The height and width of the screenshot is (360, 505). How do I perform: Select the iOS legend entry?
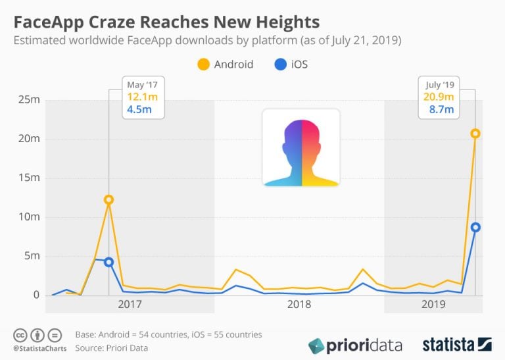coord(290,64)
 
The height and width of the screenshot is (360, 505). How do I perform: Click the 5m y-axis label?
coord(32,256)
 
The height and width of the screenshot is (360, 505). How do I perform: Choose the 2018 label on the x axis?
coord(299,305)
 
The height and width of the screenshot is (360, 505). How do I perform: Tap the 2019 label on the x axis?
coord(433,305)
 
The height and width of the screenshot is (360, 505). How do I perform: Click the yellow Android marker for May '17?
coord(108,199)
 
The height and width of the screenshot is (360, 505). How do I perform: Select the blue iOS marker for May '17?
coord(108,262)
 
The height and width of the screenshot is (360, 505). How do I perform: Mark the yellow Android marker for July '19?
coord(475,134)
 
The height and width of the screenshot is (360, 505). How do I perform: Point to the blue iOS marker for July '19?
coord(475,227)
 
